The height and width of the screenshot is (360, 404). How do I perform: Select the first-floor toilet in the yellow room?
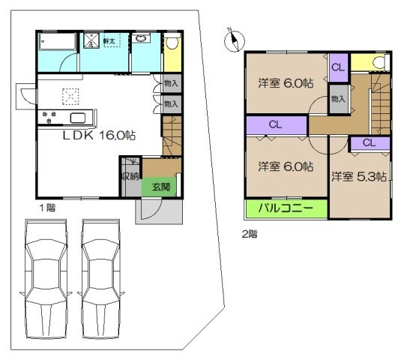tap(172, 44)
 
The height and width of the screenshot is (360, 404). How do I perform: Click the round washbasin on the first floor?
tap(142, 40)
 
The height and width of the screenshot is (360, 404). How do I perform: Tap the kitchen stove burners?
tap(51, 117)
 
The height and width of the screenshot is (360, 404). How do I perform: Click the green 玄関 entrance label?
tap(162, 187)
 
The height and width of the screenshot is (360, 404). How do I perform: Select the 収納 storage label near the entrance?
tap(129, 177)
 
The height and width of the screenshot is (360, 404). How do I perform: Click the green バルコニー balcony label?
tap(286, 208)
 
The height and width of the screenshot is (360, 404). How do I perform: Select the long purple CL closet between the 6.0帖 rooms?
tap(276, 124)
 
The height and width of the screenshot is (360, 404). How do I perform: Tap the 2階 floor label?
tap(250, 233)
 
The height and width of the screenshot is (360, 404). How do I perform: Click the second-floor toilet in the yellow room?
tap(377, 62)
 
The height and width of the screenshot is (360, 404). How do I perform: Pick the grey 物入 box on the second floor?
tap(339, 99)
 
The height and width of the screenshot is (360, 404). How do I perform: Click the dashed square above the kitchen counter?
tap(72, 95)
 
